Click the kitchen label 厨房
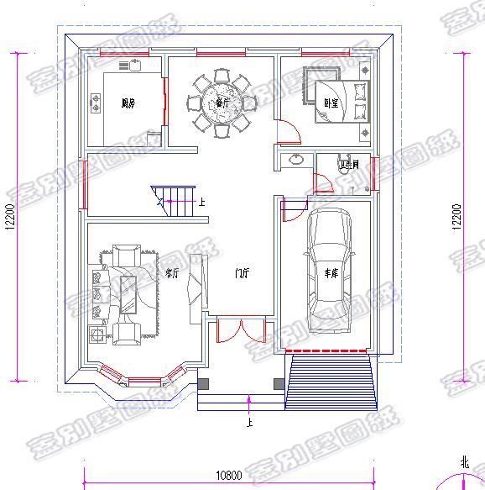click(128, 104)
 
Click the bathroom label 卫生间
click(349, 165)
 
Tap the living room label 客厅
click(172, 272)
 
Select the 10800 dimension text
click(228, 476)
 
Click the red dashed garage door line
click(327, 350)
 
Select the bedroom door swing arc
click(290, 130)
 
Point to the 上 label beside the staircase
click(201, 203)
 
